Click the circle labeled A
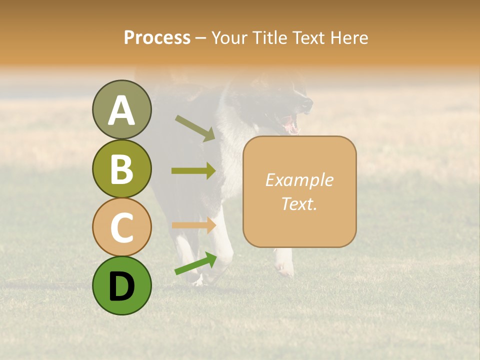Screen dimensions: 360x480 [x=121, y=109]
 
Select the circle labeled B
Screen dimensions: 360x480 [x=121, y=168]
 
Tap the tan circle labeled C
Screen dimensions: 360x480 [x=121, y=227]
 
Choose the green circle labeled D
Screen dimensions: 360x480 [x=121, y=285]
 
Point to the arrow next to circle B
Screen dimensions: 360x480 [x=193, y=170]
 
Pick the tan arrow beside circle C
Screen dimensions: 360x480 [x=193, y=225]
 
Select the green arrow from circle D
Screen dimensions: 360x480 [x=195, y=263]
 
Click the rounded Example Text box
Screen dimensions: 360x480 [x=299, y=191]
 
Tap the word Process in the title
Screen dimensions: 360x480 [x=157, y=37]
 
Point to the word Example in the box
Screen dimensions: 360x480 [x=299, y=180]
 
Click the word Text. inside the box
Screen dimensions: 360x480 [x=299, y=203]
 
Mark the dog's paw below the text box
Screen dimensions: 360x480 [x=284, y=267]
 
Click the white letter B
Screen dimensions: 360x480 [x=121, y=169]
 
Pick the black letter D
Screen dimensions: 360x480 [x=121, y=286]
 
